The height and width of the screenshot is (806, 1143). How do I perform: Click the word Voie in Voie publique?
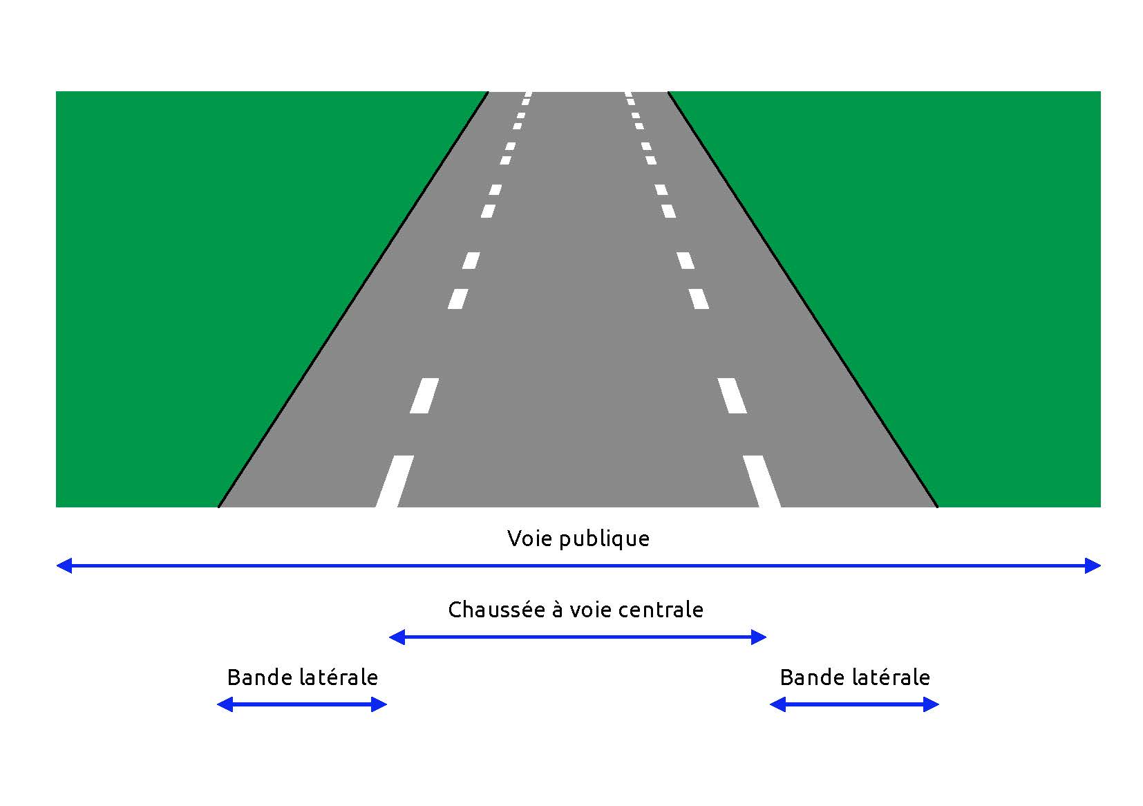529,538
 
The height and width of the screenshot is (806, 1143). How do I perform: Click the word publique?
605,541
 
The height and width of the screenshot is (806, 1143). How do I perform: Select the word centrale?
662,610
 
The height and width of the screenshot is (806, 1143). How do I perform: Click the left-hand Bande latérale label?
303,677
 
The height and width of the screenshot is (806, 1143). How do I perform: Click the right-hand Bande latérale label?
856,677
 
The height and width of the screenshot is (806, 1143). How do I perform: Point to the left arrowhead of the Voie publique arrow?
64,565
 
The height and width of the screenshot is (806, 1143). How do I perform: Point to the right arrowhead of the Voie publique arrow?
1093,565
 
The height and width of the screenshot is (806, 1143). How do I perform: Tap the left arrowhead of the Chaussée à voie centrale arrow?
397,637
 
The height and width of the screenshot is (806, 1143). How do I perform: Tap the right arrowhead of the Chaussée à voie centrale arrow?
759,637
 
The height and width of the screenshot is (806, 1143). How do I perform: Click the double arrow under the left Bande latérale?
302,704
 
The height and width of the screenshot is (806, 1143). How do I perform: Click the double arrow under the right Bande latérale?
854,704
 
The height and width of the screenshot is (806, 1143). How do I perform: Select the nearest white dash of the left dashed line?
395,481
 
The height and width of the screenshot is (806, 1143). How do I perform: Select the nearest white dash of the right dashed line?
762,481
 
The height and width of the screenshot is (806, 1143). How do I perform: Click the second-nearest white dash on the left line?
424,395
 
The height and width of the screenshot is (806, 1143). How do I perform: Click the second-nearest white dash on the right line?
733,395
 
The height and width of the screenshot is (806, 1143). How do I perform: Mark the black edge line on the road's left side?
353,299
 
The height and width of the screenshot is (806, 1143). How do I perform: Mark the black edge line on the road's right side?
803,299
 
